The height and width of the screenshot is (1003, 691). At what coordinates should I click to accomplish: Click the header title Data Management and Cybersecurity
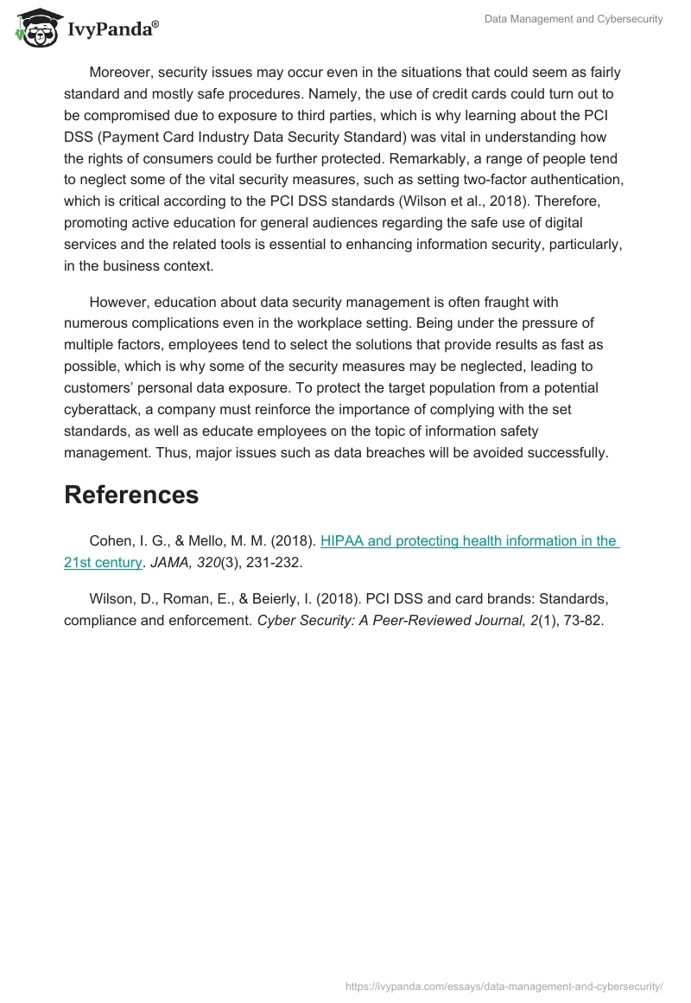tap(574, 19)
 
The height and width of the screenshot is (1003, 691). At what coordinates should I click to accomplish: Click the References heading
tap(131, 495)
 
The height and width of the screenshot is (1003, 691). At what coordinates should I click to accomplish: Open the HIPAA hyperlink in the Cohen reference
tap(469, 541)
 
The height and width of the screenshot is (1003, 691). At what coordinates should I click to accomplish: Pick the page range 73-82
tap(584, 619)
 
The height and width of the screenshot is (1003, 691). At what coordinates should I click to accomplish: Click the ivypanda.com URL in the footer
tap(503, 985)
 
